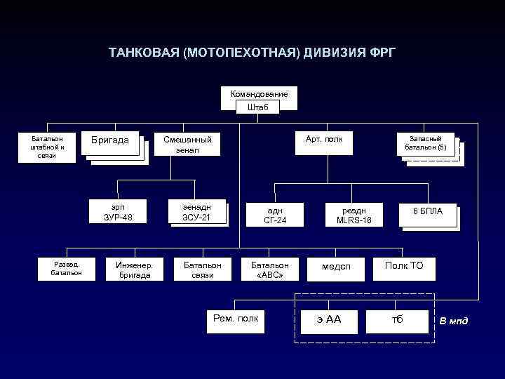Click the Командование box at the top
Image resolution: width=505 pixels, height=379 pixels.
click(x=259, y=94)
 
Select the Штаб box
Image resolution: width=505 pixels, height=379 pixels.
click(x=258, y=107)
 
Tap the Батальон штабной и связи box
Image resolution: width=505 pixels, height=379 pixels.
click(x=48, y=147)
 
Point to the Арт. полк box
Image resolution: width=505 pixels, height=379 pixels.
click(x=324, y=140)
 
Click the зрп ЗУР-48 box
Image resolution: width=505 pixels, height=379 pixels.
click(x=118, y=211)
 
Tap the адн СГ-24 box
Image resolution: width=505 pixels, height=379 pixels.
click(x=275, y=215)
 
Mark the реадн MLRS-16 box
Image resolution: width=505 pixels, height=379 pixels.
click(x=354, y=215)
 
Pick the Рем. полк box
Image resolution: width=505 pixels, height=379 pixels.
click(x=235, y=319)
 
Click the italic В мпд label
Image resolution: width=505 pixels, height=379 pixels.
click(x=453, y=321)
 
